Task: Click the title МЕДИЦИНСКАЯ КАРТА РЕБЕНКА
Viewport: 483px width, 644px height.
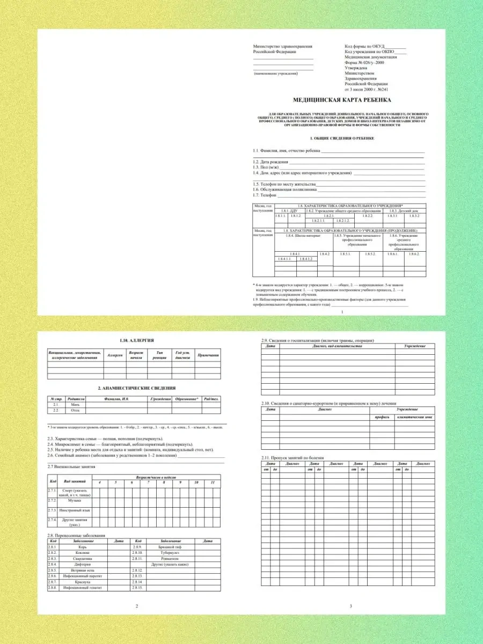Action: (x=342, y=100)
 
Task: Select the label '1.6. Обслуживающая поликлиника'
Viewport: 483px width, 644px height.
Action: (x=284, y=189)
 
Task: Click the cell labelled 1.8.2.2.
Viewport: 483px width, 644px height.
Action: (x=367, y=216)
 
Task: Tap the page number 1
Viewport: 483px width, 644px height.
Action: (x=341, y=311)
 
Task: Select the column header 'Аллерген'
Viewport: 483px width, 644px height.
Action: (x=115, y=355)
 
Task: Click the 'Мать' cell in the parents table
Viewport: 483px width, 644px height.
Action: (x=75, y=405)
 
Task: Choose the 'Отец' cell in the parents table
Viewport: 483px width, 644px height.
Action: (x=75, y=411)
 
